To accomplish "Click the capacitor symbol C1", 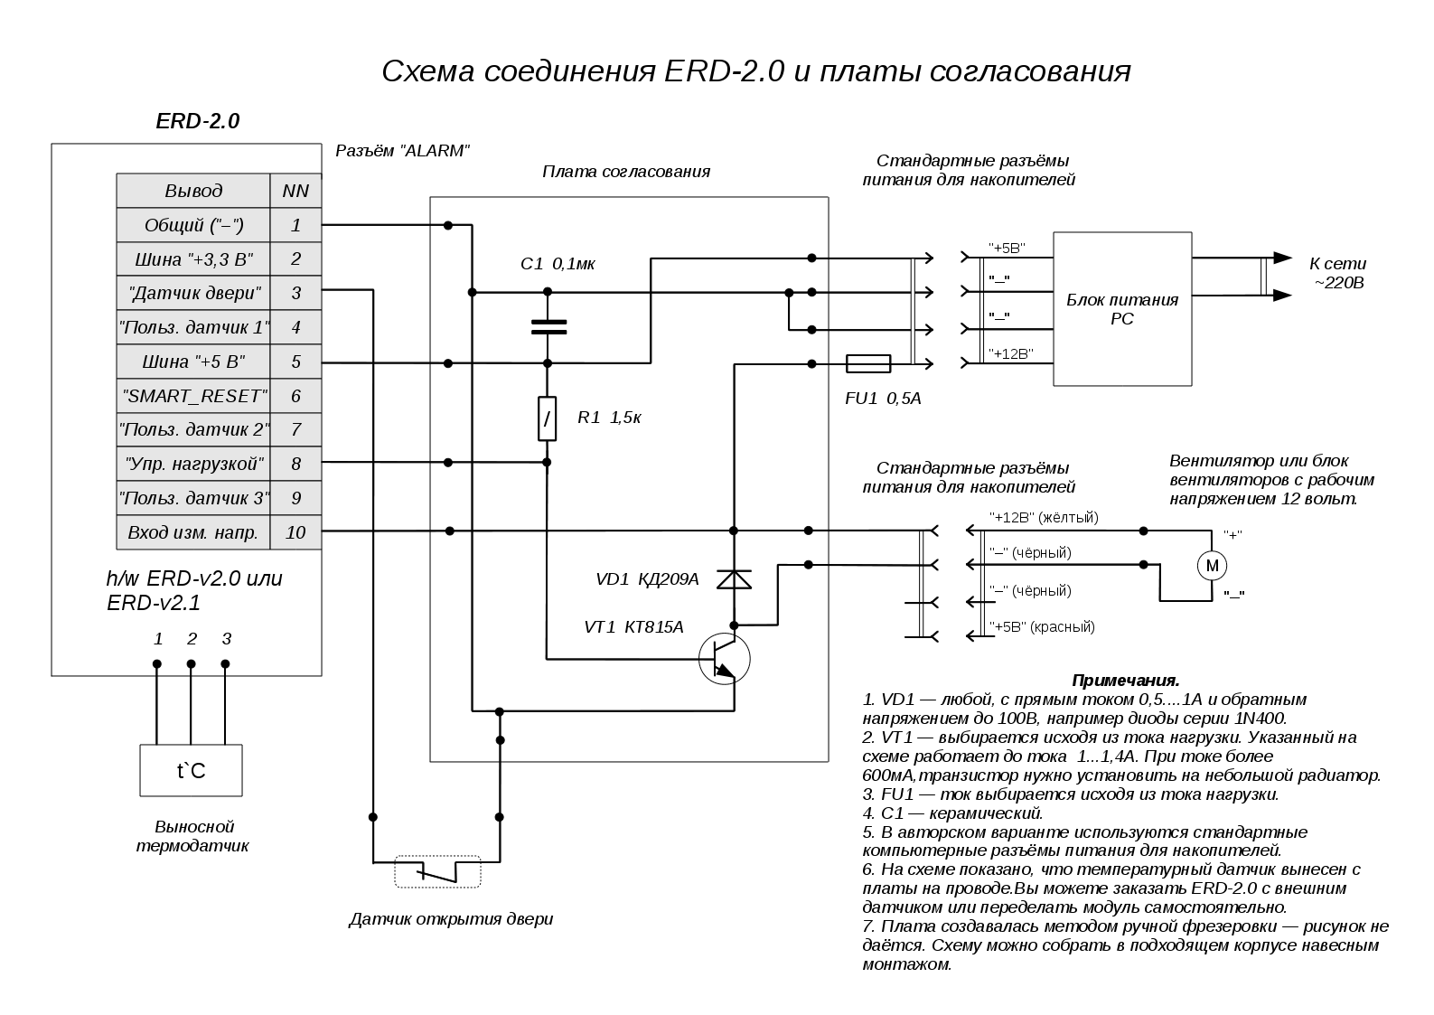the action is pyautogui.click(x=548, y=327).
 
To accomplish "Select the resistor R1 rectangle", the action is pyautogui.click(x=547, y=418).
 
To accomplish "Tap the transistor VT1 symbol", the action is pyautogui.click(x=724, y=659).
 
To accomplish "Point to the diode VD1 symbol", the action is pyautogui.click(x=734, y=579).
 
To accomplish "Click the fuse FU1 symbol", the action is pyautogui.click(x=868, y=363).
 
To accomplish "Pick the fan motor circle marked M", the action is pyautogui.click(x=1212, y=566).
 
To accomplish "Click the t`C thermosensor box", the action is pyautogui.click(x=191, y=770).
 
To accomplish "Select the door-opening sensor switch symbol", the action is pyautogui.click(x=437, y=871).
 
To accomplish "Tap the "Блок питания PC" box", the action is pyautogui.click(x=1122, y=309).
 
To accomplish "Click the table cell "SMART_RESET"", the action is pyautogui.click(x=192, y=396).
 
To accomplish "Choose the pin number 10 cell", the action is pyautogui.click(x=295, y=532).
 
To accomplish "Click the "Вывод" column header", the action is pyautogui.click(x=192, y=190).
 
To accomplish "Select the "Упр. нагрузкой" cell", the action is pyautogui.click(x=192, y=464).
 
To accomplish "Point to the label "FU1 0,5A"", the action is pyautogui.click(x=883, y=399).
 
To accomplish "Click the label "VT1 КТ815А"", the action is pyautogui.click(x=633, y=627).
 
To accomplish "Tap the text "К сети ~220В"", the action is pyautogui.click(x=1337, y=273).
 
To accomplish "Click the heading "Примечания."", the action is pyautogui.click(x=1126, y=680).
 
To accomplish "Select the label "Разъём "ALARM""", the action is pyautogui.click(x=403, y=151).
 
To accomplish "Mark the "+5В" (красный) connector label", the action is pyautogui.click(x=1042, y=626).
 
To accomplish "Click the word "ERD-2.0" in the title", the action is pyautogui.click(x=724, y=71).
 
